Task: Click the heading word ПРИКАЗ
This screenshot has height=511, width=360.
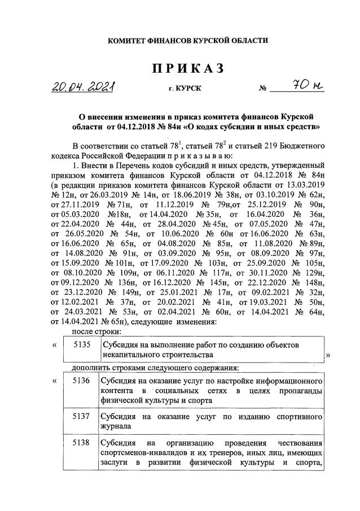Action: [x=188, y=69]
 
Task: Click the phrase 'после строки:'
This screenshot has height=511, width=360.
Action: [x=93, y=332]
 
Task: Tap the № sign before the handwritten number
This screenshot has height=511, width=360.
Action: [x=262, y=89]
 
